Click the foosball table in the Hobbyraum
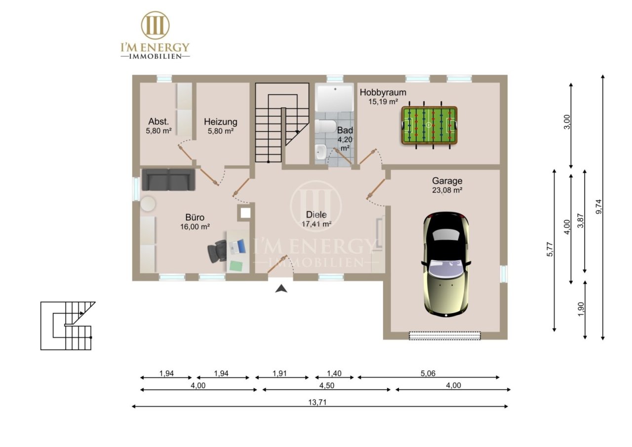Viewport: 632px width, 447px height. click(429, 125)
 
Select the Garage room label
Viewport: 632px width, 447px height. click(447, 181)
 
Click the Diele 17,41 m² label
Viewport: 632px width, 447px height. click(316, 219)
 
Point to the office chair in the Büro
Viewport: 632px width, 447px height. click(217, 251)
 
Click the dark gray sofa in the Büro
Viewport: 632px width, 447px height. click(168, 179)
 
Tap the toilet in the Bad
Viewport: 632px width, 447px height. click(325, 126)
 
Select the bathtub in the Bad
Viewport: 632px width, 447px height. click(335, 98)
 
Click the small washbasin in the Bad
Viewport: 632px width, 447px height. click(320, 152)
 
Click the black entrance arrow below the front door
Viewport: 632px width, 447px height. click(281, 288)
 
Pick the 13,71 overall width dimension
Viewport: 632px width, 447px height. click(317, 402)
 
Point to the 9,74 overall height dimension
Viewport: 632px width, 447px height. click(598, 206)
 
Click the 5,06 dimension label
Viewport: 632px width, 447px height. click(428, 373)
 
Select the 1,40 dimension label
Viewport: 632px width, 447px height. click(334, 373)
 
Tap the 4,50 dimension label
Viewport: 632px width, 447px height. click(326, 385)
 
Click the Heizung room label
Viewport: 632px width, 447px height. click(220, 122)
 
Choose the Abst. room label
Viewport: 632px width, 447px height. click(158, 122)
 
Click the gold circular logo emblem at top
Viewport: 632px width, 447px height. click(155, 25)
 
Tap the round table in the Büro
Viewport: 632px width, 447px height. click(148, 203)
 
